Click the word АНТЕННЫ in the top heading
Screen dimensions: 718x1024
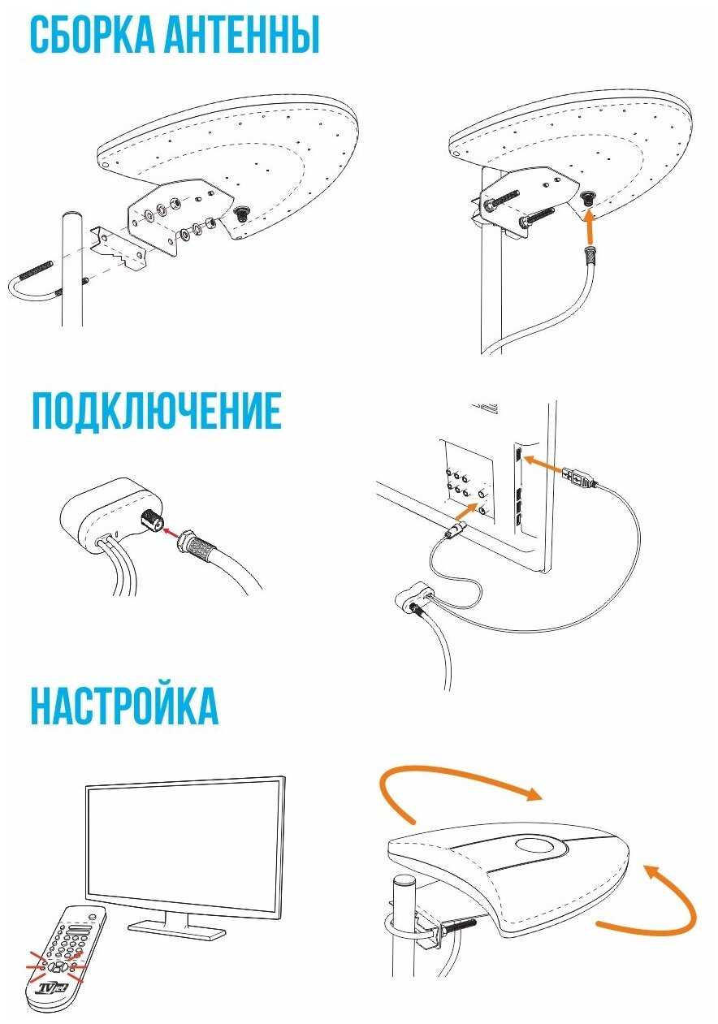point(241,35)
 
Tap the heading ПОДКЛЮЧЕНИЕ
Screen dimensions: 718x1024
point(157,411)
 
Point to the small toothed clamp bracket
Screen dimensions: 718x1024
point(119,248)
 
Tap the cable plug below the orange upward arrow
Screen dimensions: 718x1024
point(590,254)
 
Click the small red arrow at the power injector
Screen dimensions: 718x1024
point(172,530)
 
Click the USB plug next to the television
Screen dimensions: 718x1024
point(579,477)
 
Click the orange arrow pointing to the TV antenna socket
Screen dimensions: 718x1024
point(467,511)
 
